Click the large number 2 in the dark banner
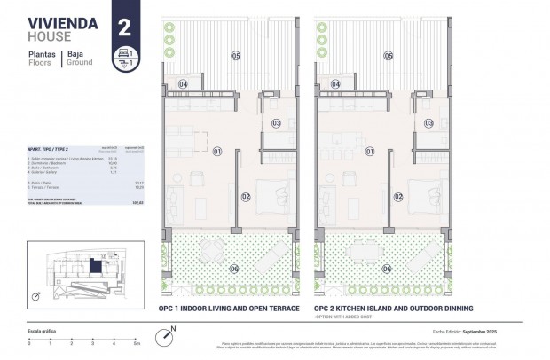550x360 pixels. click(123, 25)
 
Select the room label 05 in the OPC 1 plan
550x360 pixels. click(235, 56)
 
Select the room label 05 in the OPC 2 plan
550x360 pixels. click(388, 56)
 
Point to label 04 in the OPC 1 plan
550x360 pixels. click(183, 84)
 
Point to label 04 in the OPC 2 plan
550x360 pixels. click(335, 84)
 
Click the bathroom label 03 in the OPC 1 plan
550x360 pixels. click(276, 123)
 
